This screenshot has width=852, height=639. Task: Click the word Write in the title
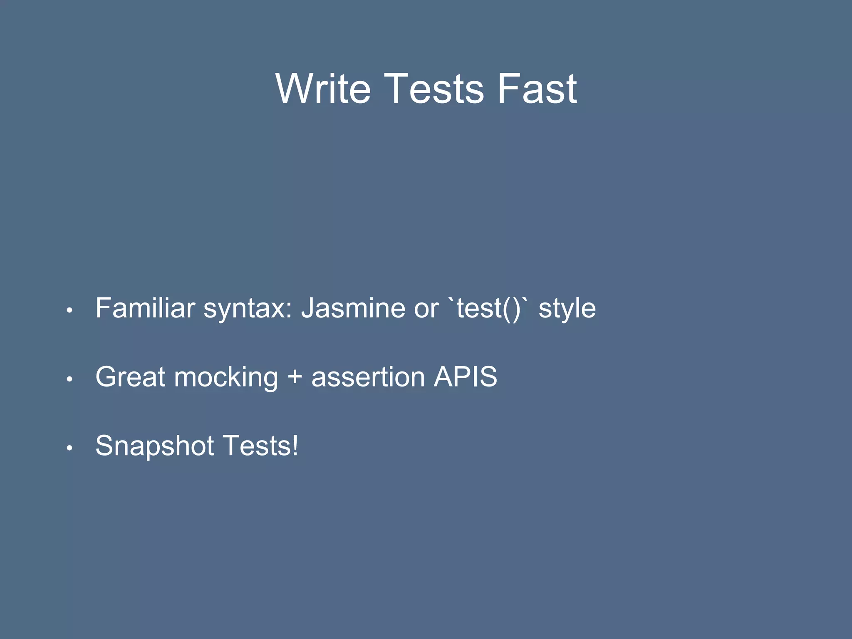[x=323, y=89]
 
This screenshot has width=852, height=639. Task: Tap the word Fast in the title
[x=537, y=89]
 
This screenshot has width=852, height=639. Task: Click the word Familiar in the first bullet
[x=145, y=308]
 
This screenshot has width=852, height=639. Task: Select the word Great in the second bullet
[x=131, y=377]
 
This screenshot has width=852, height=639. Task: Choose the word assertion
[x=368, y=377]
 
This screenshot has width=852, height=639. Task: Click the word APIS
[x=466, y=377]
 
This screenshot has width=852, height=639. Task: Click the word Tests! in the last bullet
[x=260, y=446]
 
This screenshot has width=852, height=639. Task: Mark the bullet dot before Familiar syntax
[x=70, y=310]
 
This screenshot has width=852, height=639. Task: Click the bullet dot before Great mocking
[x=70, y=379]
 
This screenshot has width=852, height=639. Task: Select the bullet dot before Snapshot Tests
[x=70, y=448]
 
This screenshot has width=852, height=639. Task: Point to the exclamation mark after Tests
[x=295, y=446]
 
